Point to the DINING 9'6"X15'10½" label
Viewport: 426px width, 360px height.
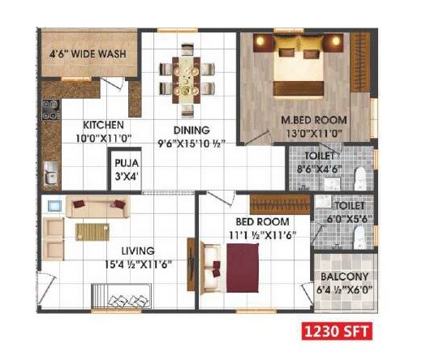(191, 136)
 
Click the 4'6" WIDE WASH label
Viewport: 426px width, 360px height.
(88, 54)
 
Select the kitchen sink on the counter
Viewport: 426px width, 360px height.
(51, 170)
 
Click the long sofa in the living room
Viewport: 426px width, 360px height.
(97, 208)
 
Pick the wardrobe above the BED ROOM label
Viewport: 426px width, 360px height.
(279, 201)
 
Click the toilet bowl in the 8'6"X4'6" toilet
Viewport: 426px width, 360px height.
(364, 175)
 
